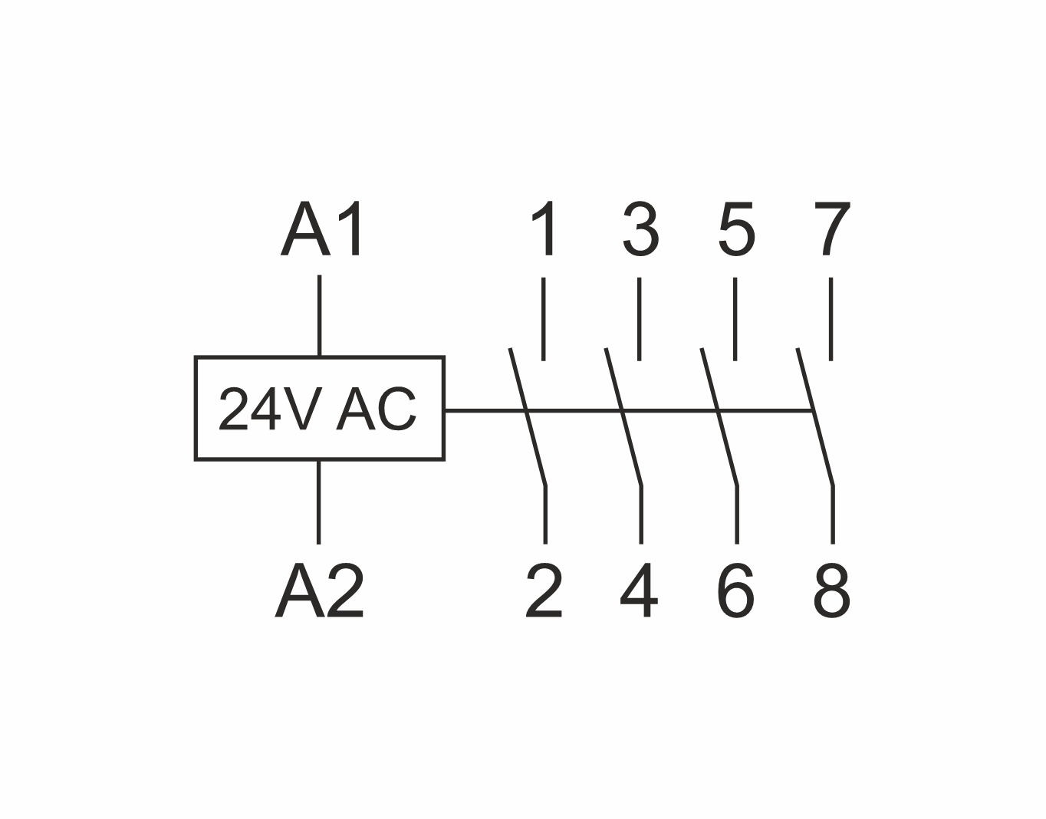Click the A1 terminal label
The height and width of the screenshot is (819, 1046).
[321, 229]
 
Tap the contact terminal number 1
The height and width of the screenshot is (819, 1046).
[543, 229]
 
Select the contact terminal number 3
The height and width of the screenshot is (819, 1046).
[640, 229]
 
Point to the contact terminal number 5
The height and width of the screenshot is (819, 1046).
[736, 229]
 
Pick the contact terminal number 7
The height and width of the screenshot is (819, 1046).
[832, 229]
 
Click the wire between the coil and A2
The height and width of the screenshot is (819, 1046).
[319, 502]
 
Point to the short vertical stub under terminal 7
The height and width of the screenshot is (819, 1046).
[831, 319]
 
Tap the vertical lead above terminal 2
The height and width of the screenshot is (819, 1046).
[545, 515]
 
